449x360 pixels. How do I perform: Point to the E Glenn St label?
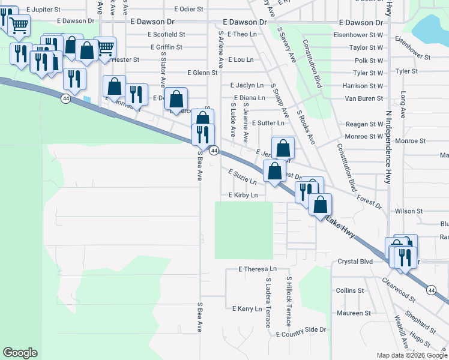pos(202,73)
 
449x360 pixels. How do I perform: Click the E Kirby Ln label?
pos(243,196)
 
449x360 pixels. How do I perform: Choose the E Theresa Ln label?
pos(258,269)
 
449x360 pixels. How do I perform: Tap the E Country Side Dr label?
pos(301,330)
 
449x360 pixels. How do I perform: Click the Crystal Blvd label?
pos(355,262)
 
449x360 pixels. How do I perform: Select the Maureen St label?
pos(354,313)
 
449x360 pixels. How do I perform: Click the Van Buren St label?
pos(363,98)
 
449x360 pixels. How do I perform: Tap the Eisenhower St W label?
pos(358,35)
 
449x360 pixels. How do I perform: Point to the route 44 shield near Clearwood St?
pos(431,290)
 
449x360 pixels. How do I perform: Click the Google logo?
pos(20,353)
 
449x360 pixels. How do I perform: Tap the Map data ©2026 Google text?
pos(412,355)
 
